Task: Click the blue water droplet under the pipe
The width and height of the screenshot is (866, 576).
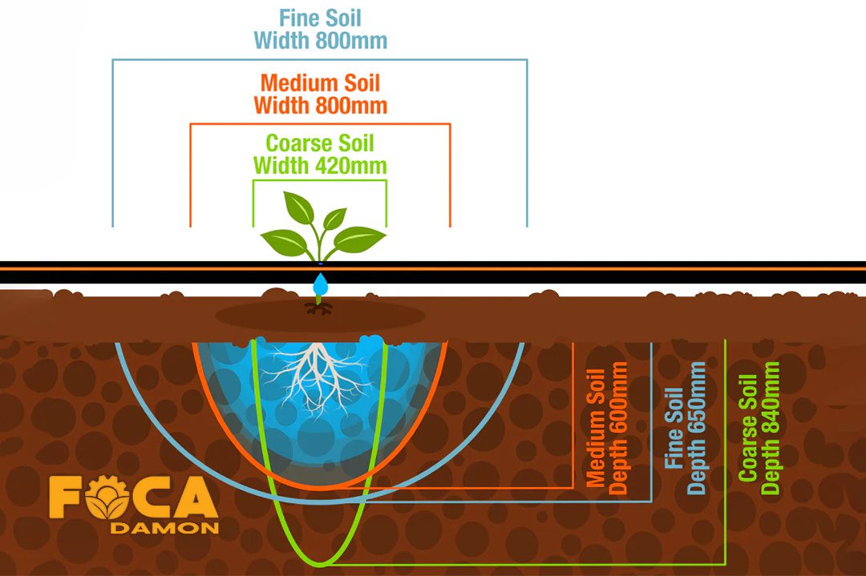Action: [x=321, y=284]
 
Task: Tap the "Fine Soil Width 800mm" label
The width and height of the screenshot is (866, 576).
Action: [x=320, y=29]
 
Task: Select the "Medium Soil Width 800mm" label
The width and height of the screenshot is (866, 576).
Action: [x=320, y=94]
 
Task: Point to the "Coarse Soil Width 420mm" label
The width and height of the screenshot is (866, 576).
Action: [x=320, y=155]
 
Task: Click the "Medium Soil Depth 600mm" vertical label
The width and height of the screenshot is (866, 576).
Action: [x=607, y=424]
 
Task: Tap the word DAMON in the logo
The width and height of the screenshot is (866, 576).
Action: [x=164, y=528]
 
